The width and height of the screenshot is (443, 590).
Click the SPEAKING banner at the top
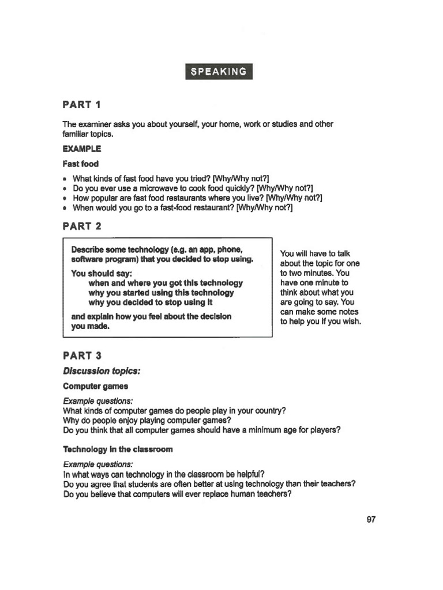pos(219,71)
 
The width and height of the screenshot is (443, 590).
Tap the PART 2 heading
pos(81,226)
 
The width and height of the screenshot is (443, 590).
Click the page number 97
pos(371,519)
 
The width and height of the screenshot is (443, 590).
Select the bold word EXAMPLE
pos(81,149)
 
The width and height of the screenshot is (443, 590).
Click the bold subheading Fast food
pos(80,164)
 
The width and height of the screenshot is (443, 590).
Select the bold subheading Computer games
pos(95,386)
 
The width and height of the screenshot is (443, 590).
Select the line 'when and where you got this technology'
pos(166,283)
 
